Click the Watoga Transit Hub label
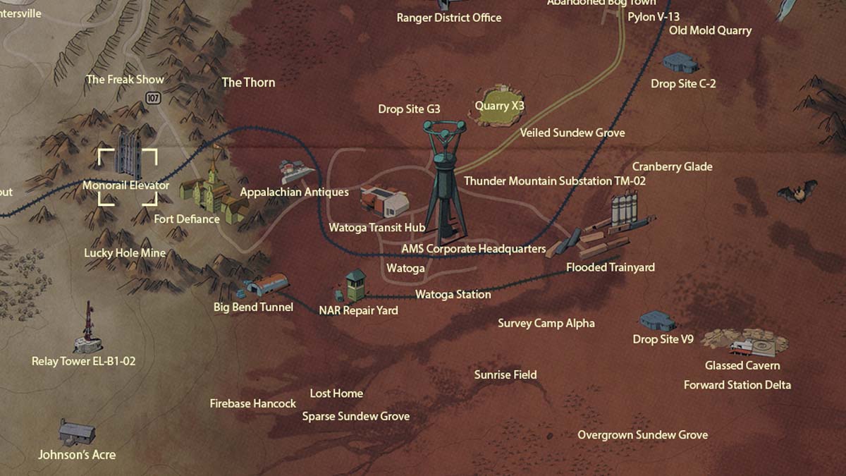(376, 228)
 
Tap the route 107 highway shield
(154, 99)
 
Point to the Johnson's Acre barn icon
(77, 431)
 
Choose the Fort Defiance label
(187, 219)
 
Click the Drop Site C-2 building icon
(680, 63)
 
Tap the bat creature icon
(797, 191)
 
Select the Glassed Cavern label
(742, 365)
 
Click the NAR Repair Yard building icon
(352, 285)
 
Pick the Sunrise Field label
(505, 375)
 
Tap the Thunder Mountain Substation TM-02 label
(555, 181)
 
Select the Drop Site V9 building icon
(657, 322)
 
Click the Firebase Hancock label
(252, 404)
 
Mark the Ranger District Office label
(449, 18)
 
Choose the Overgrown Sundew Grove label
(642, 435)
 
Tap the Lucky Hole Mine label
(125, 253)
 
